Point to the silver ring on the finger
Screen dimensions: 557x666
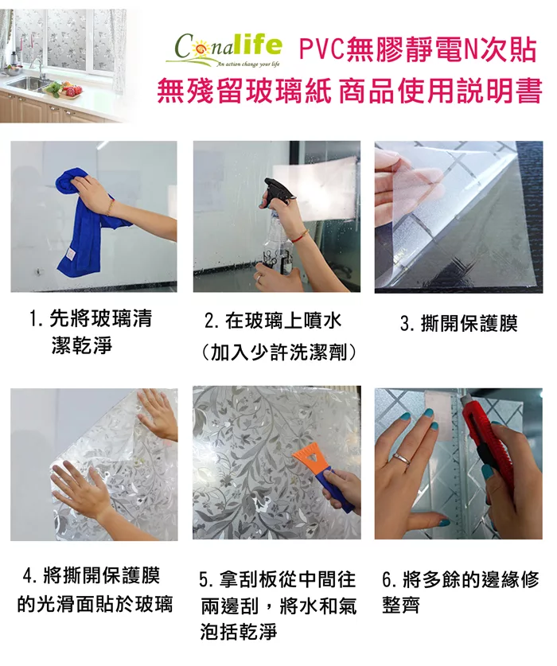click(x=402, y=458)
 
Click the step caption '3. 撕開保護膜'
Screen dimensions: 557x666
click(x=459, y=324)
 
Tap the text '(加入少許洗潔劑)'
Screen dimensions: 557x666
click(x=278, y=352)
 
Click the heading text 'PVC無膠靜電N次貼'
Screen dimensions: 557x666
click(x=418, y=50)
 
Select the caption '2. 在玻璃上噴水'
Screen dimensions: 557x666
click(x=273, y=321)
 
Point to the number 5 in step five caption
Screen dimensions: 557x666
click(x=204, y=580)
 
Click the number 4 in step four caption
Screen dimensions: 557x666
click(x=28, y=576)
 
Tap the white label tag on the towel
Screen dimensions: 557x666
click(x=68, y=259)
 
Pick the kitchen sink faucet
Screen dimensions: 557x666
click(x=37, y=68)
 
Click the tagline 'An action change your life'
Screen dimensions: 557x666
click(x=248, y=65)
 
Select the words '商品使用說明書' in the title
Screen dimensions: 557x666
click(x=441, y=91)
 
